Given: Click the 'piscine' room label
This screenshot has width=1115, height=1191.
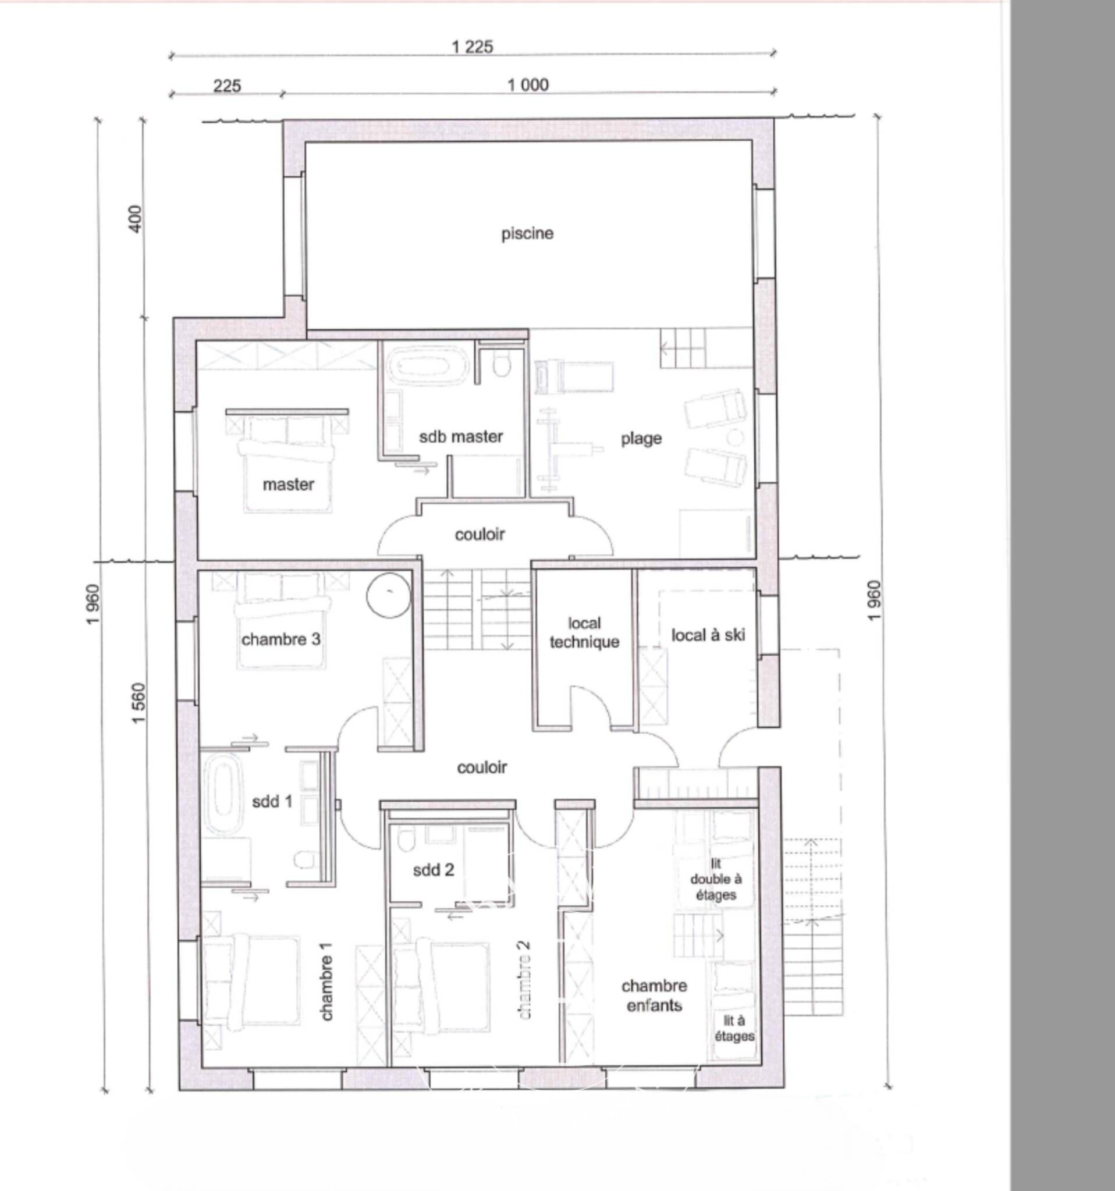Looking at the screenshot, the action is (x=527, y=234).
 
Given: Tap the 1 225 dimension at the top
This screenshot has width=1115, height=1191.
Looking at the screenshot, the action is (x=473, y=47).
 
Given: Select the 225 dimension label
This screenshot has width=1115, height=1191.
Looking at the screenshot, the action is (x=227, y=86).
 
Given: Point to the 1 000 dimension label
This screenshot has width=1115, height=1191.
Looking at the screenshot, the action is (x=528, y=85).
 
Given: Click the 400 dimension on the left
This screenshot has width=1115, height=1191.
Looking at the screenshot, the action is (x=136, y=219).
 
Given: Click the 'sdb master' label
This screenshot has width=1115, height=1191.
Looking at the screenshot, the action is (x=461, y=436).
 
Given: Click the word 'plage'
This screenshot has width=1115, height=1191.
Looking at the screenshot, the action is (x=641, y=439).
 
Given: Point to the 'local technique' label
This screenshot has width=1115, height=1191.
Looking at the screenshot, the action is (x=584, y=632).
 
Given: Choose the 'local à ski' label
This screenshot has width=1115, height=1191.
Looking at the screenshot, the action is (x=708, y=634).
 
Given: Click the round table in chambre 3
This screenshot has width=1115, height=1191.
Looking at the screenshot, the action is (x=389, y=595).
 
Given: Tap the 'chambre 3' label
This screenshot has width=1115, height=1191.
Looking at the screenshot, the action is (x=281, y=639).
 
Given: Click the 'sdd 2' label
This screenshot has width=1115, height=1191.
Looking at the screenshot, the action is (x=434, y=869).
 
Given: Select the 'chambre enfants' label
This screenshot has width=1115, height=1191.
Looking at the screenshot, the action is (x=654, y=995).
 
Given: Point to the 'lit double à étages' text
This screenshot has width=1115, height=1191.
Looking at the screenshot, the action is (x=716, y=879).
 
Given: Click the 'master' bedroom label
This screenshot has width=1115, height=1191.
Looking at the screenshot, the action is (x=288, y=484).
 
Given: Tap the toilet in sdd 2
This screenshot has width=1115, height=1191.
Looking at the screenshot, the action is (x=407, y=840).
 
